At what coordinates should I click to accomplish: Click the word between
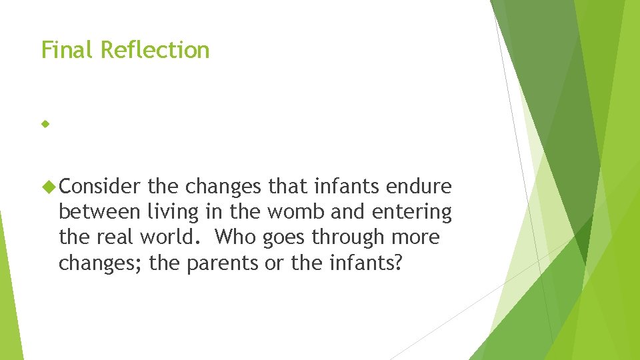pos(99,213)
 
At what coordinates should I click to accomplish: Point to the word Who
pos(234,238)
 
